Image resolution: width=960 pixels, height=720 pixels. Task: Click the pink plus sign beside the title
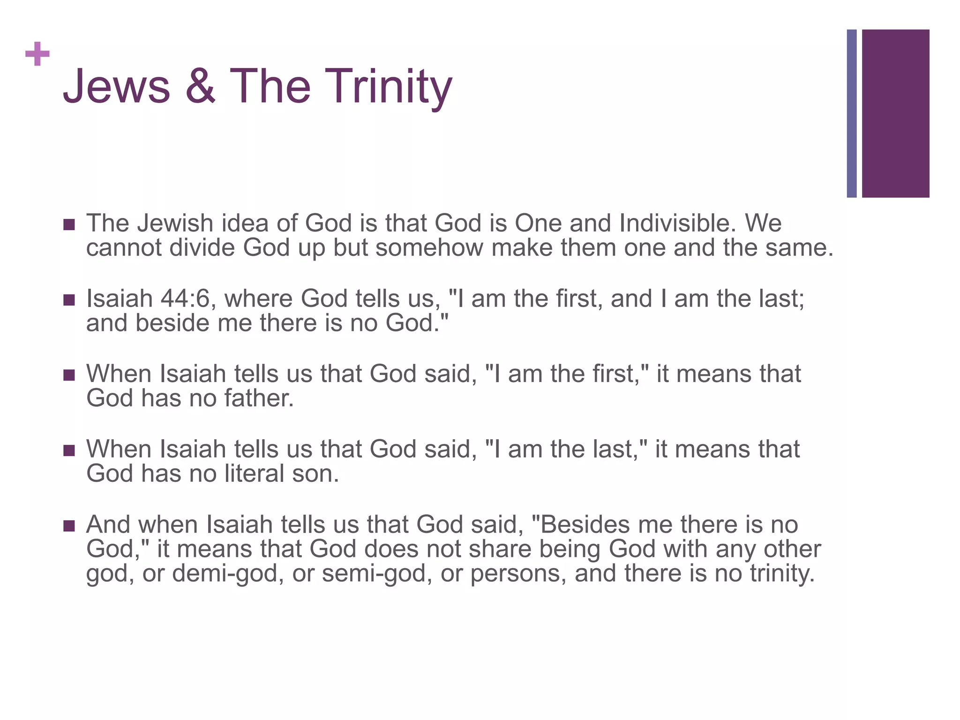click(37, 54)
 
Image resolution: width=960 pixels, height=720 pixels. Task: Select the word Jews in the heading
click(116, 86)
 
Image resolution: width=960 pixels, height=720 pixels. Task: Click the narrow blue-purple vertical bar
click(851, 113)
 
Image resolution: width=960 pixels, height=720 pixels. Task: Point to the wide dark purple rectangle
click(895, 113)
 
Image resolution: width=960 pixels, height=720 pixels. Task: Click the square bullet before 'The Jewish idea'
click(69, 225)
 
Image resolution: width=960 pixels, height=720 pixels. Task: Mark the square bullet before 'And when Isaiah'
click(69, 526)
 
